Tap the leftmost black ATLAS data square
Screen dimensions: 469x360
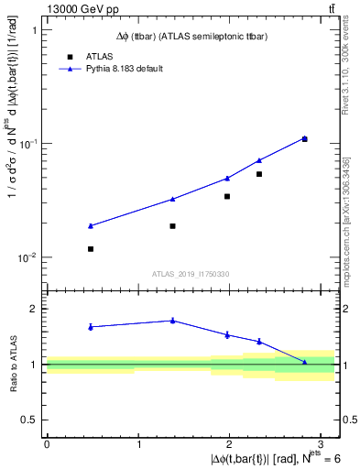[91, 249]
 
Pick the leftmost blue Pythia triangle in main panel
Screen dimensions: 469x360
[91, 225]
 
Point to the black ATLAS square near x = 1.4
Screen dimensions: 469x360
[172, 225]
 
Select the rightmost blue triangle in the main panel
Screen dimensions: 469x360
[304, 138]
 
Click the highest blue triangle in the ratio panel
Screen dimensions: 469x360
[172, 320]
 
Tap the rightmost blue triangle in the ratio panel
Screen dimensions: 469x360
[304, 363]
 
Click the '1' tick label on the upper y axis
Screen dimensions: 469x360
[34, 30]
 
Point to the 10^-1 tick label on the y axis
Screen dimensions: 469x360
[29, 144]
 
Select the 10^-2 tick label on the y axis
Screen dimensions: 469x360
[29, 257]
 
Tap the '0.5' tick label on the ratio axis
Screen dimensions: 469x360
[30, 420]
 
